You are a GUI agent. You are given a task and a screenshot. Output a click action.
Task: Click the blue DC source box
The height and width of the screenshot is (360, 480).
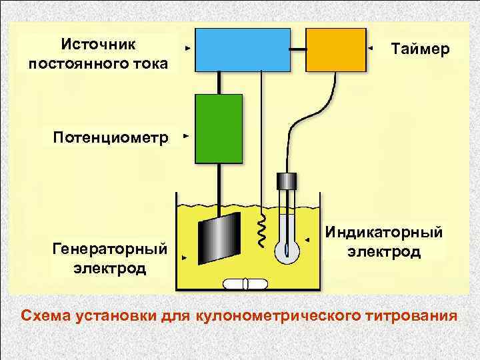pos(242,49)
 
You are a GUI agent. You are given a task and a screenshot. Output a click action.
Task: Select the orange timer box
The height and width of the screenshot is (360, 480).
pos(336,49)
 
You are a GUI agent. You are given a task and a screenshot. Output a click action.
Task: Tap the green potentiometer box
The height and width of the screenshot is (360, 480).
pos(218,129)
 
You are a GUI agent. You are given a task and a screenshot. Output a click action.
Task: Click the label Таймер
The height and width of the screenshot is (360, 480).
pos(420,49)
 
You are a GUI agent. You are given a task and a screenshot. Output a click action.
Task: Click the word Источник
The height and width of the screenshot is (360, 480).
pos(98,44)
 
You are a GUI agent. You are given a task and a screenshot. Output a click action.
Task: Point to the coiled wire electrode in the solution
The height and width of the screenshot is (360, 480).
pos(262,230)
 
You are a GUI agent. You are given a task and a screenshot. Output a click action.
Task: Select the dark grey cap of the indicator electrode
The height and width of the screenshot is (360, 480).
pos(286,181)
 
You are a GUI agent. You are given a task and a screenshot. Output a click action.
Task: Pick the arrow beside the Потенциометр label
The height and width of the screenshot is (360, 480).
pos(186,136)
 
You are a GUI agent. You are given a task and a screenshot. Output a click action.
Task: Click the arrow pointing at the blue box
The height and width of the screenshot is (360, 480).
pos(187,49)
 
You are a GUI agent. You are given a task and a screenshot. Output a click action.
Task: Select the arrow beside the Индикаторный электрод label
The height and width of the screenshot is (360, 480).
pos(307,239)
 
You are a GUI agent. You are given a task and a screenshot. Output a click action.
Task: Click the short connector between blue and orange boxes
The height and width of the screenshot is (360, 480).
pos(298,49)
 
